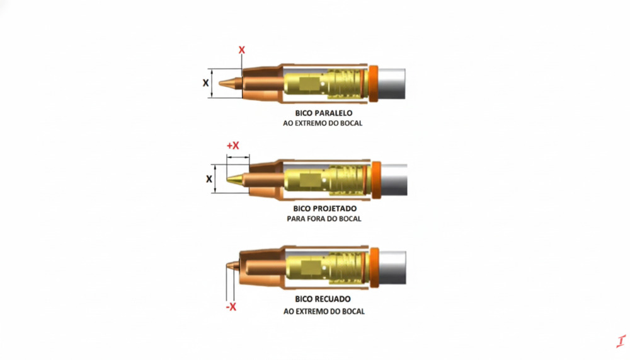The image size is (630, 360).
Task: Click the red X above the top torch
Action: pyautogui.click(x=241, y=50)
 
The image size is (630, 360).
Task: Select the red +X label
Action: pyautogui.click(x=233, y=145)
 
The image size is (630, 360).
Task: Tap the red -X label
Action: pyautogui.click(x=231, y=307)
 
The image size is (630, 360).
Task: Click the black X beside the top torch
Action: pyautogui.click(x=206, y=83)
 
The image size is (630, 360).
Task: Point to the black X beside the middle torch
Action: pyautogui.click(x=209, y=179)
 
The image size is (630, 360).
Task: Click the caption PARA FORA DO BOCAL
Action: pyautogui.click(x=324, y=219)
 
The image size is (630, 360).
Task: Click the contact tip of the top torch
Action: pyautogui.click(x=231, y=83)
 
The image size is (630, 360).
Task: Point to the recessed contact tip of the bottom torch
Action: pyautogui.click(x=232, y=266)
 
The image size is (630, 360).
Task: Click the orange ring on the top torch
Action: pyautogui.click(x=373, y=83)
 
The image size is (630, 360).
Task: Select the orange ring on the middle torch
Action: pyautogui.click(x=376, y=180)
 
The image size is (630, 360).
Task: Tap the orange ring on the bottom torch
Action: pyautogui.click(x=374, y=267)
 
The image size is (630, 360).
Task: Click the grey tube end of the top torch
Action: pyautogui.click(x=392, y=84)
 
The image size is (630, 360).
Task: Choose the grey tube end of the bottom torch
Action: pyautogui.click(x=393, y=268)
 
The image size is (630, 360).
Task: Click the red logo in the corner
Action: pyautogui.click(x=621, y=341)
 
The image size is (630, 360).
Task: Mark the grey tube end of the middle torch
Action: pyautogui.click(x=394, y=180)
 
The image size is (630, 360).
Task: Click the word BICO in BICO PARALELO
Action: pyautogui.click(x=304, y=113)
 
